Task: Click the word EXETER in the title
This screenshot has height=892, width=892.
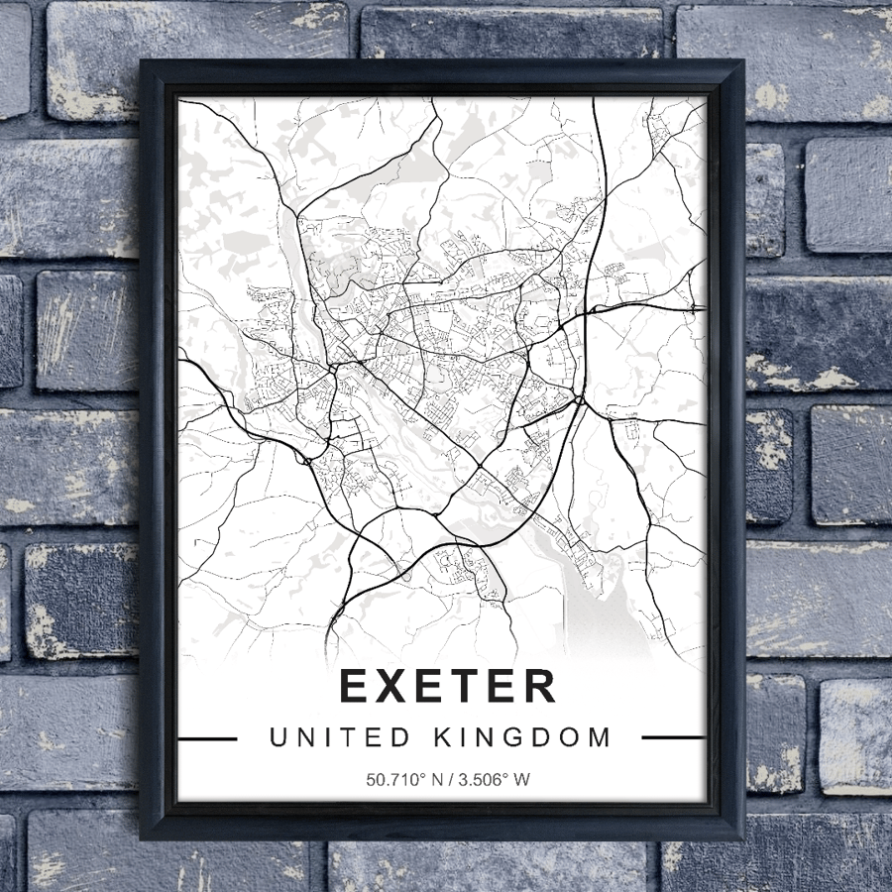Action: click(448, 686)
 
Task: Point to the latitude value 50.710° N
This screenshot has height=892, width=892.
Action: click(401, 779)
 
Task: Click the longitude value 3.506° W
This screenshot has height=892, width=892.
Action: click(493, 779)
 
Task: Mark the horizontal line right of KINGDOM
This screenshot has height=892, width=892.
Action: click(674, 738)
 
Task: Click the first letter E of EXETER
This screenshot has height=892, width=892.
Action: click(356, 686)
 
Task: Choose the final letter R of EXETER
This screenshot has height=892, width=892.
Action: click(539, 686)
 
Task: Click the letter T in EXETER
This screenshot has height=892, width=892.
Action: click(466, 686)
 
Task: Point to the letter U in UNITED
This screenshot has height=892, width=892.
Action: click(278, 737)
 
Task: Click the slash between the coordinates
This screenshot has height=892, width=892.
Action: click(447, 779)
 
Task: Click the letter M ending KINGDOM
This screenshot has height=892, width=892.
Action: click(600, 737)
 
